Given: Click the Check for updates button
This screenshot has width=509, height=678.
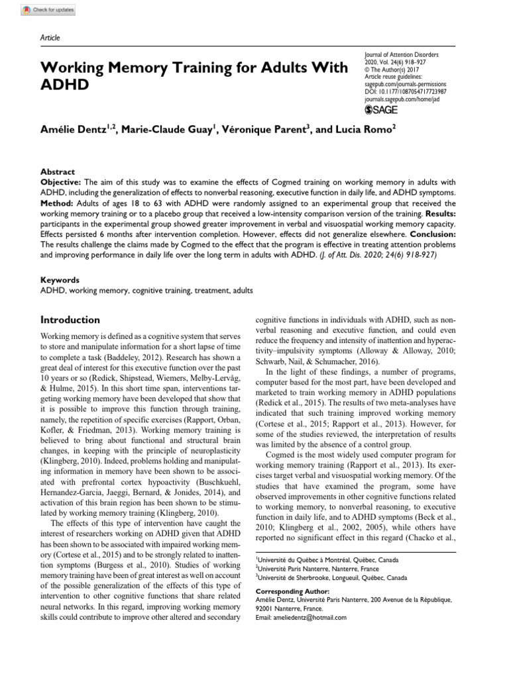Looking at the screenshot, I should pyautogui.click(x=48, y=10).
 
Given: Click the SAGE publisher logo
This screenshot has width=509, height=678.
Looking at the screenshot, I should pyautogui.click(x=382, y=109).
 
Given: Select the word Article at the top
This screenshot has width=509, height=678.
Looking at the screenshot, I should pyautogui.click(x=50, y=38).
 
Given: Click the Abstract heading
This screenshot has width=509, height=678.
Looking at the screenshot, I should pyautogui.click(x=58, y=171).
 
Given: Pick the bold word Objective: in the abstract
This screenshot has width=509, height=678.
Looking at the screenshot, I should pyautogui.click(x=60, y=181).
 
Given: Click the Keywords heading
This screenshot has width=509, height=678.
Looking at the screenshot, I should pyautogui.click(x=60, y=280).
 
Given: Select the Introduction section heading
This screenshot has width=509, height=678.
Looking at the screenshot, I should pyautogui.click(x=70, y=320).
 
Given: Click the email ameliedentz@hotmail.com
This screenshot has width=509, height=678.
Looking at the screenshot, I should pyautogui.click(x=301, y=617).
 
